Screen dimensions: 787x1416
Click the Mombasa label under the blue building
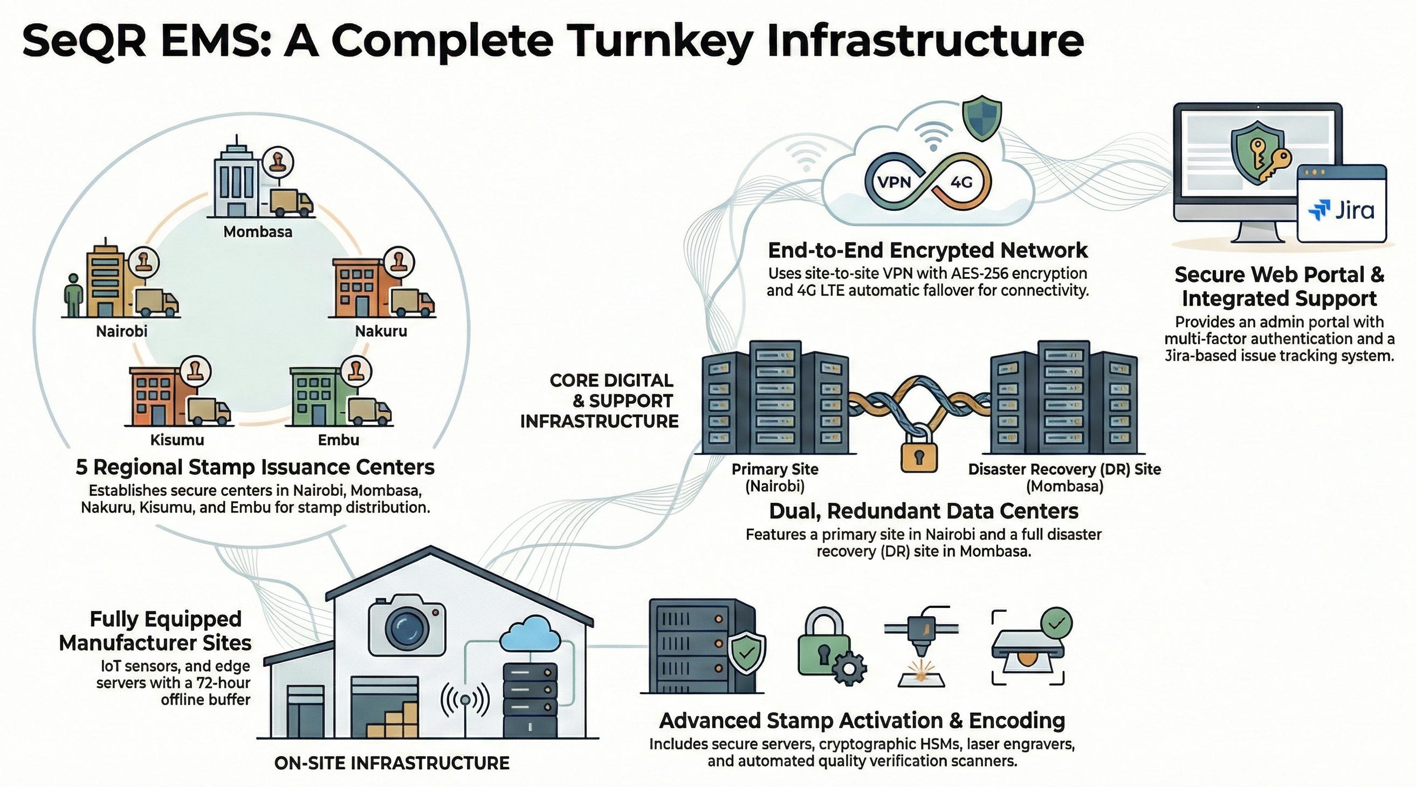click(x=257, y=232)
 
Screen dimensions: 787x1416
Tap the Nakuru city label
click(x=381, y=332)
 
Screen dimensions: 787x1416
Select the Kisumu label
click(x=177, y=440)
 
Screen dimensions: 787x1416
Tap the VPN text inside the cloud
click(x=894, y=182)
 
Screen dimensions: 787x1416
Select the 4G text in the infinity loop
click(x=962, y=182)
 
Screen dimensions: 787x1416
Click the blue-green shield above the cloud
click(x=982, y=118)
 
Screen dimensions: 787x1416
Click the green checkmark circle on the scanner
click(x=1056, y=623)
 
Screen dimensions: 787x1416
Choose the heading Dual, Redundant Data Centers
click(x=924, y=512)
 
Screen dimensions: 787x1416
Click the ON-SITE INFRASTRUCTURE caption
click(x=392, y=763)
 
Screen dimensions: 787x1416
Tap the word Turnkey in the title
click(x=659, y=41)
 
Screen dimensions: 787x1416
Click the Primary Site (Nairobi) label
click(x=774, y=478)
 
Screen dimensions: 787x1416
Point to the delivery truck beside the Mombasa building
click(x=291, y=203)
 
